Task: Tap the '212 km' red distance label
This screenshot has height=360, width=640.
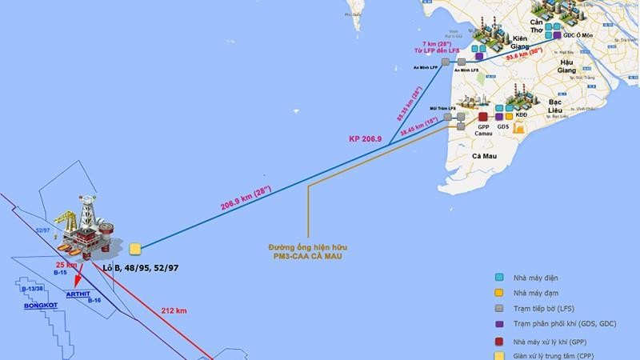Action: coord(174,310)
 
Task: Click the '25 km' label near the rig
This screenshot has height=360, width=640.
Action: coord(66,264)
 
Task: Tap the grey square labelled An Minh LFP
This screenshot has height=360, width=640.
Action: coord(446,62)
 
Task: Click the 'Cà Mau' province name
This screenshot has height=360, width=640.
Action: coord(486,156)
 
